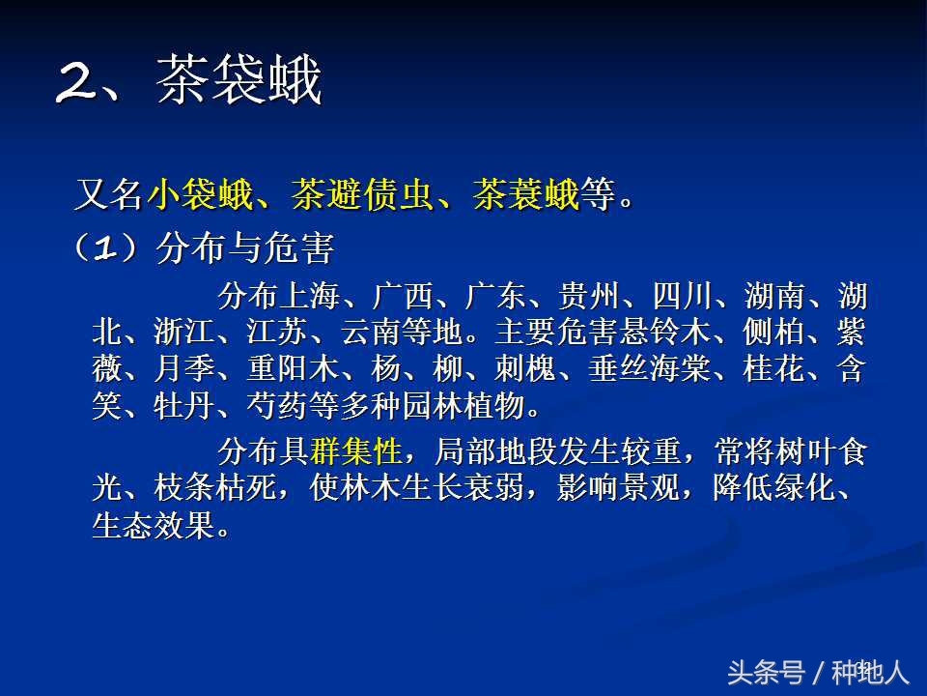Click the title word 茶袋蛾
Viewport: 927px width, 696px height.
(239, 82)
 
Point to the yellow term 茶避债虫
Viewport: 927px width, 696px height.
(364, 196)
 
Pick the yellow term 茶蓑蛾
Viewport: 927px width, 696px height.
(526, 196)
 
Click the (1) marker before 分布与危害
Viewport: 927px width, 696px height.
(106, 249)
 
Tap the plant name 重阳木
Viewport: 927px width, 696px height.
(280, 370)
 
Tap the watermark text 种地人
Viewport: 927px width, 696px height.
(871, 671)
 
